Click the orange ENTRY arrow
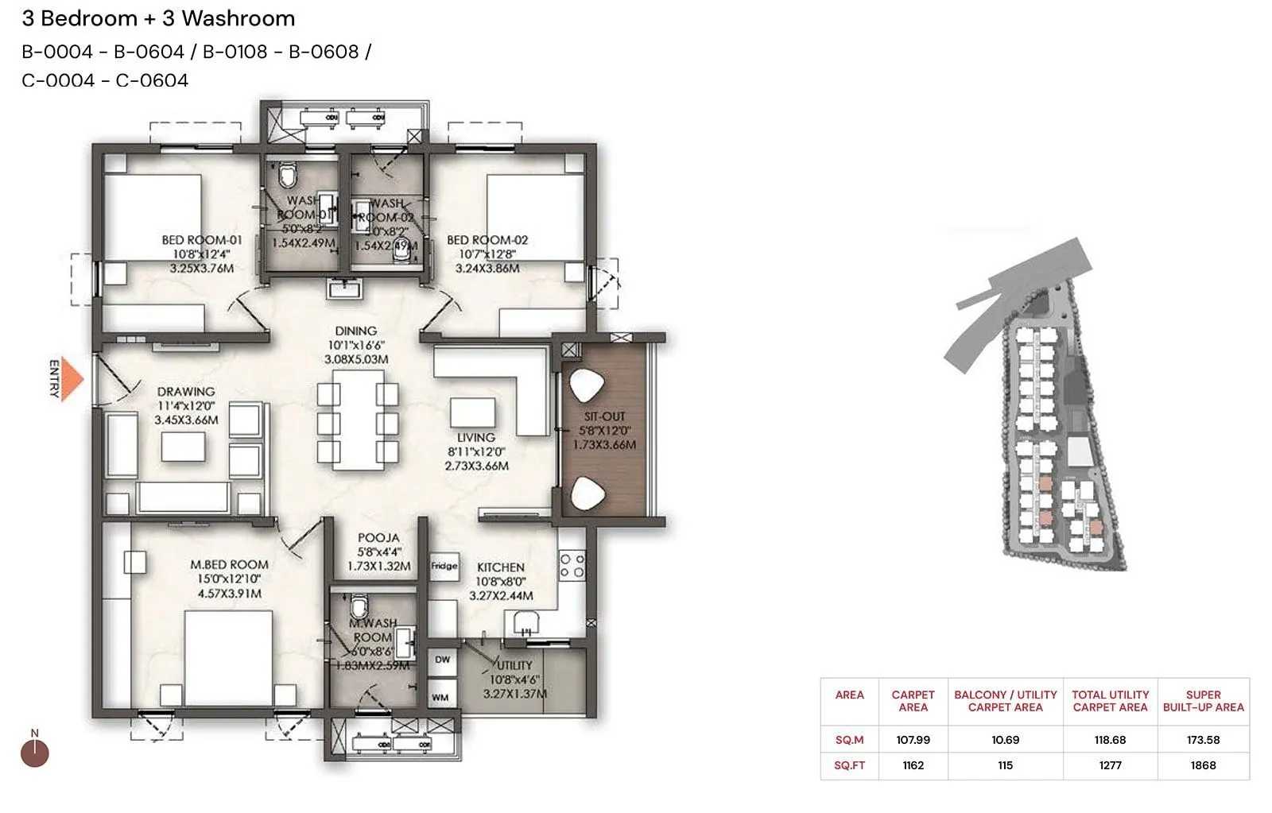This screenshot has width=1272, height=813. (x=72, y=379)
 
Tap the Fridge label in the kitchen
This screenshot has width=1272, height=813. (x=444, y=566)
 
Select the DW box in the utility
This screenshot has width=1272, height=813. (x=442, y=660)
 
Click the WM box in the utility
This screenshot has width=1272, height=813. (x=441, y=698)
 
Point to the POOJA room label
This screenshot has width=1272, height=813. (x=378, y=538)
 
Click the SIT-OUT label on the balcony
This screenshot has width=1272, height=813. (x=604, y=416)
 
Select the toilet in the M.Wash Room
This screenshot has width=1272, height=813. (x=360, y=607)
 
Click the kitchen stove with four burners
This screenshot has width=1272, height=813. (x=572, y=565)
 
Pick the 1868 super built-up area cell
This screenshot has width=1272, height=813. (x=1203, y=765)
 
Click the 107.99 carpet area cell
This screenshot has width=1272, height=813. (x=913, y=740)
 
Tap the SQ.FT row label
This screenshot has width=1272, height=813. (x=849, y=765)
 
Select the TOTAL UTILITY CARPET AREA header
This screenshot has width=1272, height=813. (x=1110, y=701)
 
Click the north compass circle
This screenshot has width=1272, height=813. (x=35, y=753)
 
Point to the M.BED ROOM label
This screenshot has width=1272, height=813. (x=229, y=565)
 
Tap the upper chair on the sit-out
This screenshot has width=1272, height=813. (x=588, y=386)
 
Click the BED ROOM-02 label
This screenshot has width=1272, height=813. (x=487, y=240)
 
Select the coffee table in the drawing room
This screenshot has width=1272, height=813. (x=183, y=447)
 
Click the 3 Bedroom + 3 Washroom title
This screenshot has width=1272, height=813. (x=158, y=18)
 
